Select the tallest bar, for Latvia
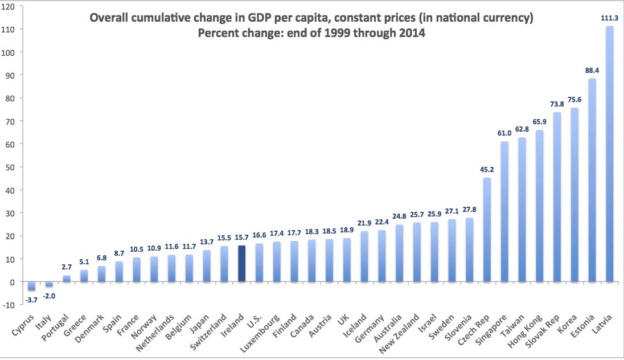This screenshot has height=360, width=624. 610,154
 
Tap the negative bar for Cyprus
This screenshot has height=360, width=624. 31,286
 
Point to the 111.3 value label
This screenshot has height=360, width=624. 610,18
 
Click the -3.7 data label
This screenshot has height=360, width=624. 31,298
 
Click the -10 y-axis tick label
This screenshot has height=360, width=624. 9,305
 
